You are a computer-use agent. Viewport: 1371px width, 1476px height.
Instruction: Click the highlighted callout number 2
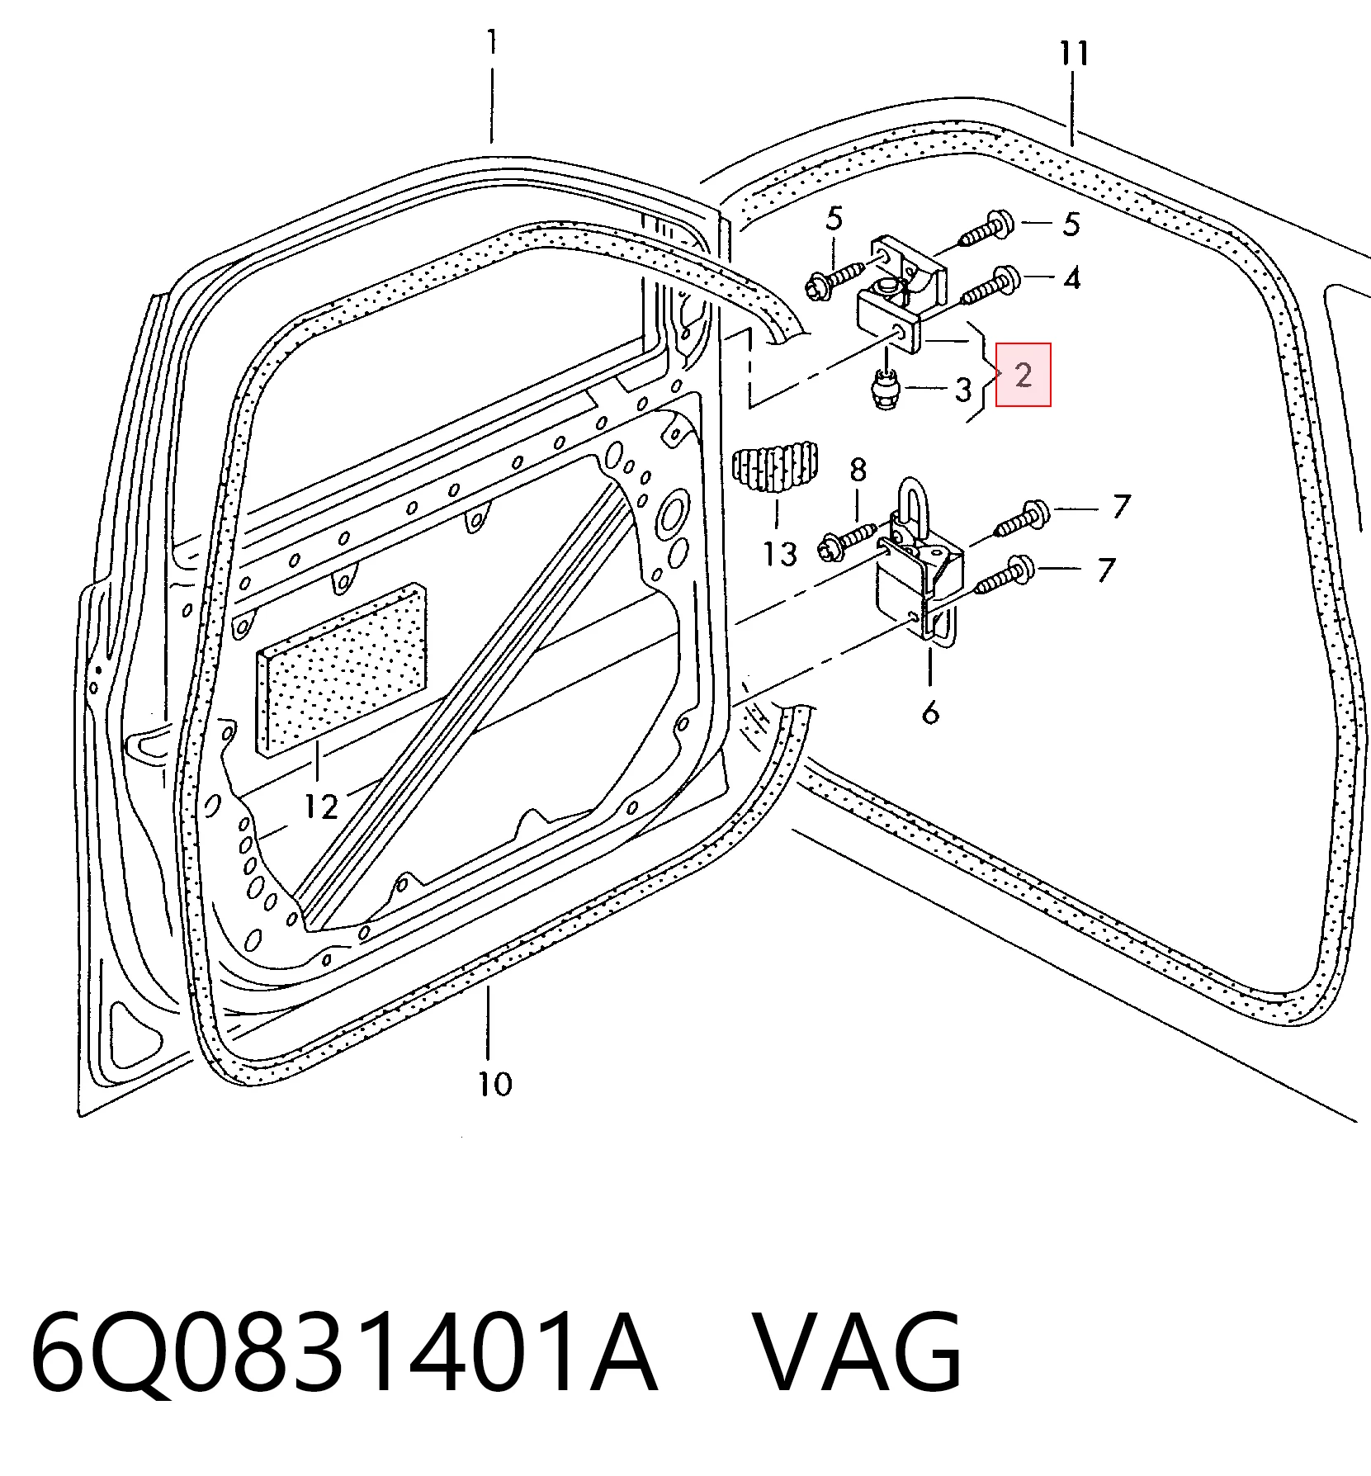coord(1024,375)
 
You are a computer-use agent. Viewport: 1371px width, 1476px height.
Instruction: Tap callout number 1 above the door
coord(492,41)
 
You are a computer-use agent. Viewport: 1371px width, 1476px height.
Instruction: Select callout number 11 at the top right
coord(1074,54)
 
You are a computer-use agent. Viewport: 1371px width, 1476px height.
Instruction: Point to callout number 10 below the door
coord(495,1083)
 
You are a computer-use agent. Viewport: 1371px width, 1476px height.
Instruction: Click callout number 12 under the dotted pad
coord(321,806)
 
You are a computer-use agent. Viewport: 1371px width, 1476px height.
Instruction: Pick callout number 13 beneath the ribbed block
coord(780,553)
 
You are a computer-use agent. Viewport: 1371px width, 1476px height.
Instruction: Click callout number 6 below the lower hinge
coord(930,711)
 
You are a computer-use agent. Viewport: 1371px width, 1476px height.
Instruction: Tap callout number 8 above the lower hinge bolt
coord(858,470)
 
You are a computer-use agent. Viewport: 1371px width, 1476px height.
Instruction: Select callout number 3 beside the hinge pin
coord(963,389)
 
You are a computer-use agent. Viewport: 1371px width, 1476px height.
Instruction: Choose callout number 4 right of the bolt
coord(1071,278)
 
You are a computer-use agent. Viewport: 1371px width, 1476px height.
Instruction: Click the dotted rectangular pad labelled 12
coord(343,669)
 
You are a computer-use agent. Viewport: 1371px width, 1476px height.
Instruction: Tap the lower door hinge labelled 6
coord(919,570)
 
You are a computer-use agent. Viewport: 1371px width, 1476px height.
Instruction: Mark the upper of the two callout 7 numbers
coord(1120,506)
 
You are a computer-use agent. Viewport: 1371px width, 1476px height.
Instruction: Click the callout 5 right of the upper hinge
coord(1071,224)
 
